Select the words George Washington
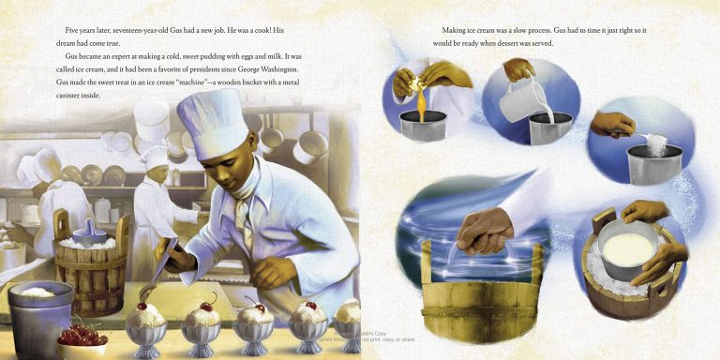(x=270, y=69)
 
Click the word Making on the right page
(x=457, y=31)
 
